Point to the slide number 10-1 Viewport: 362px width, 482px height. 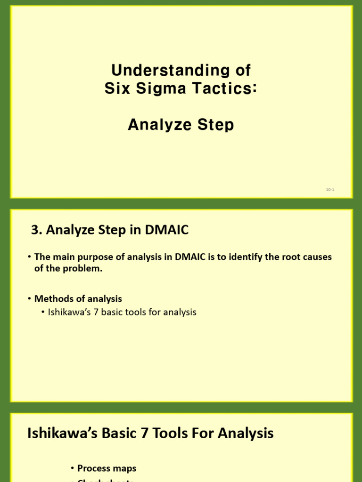click(x=330, y=190)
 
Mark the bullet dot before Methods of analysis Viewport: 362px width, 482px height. click(x=30, y=299)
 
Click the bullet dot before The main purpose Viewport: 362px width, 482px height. click(x=30, y=257)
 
